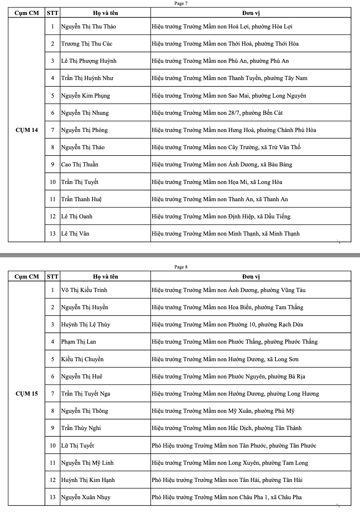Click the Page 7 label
181,3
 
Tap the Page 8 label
181,267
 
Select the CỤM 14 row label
27,130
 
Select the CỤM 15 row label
27,394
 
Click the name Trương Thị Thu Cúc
87,44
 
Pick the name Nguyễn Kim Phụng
86,96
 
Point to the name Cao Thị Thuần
80,165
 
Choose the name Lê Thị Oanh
77,216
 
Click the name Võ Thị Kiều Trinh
84,290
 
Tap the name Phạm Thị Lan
79,342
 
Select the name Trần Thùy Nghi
81,428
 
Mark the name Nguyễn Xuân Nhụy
86,497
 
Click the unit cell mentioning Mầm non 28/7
217,113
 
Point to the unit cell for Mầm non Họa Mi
217,182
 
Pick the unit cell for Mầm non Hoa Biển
228,307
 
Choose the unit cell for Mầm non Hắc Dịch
227,428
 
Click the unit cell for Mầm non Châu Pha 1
227,497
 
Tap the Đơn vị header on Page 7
251,13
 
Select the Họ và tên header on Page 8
106,277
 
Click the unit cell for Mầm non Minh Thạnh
226,234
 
